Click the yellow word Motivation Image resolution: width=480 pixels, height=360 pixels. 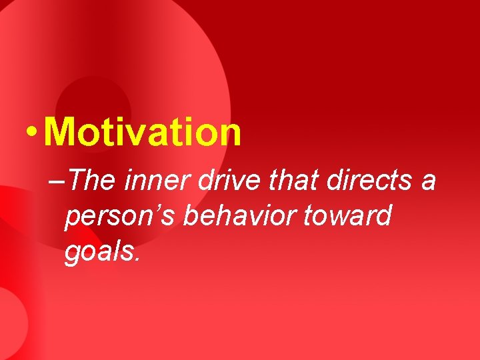pos(142,131)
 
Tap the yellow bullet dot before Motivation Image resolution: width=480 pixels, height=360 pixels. pos(29,132)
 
